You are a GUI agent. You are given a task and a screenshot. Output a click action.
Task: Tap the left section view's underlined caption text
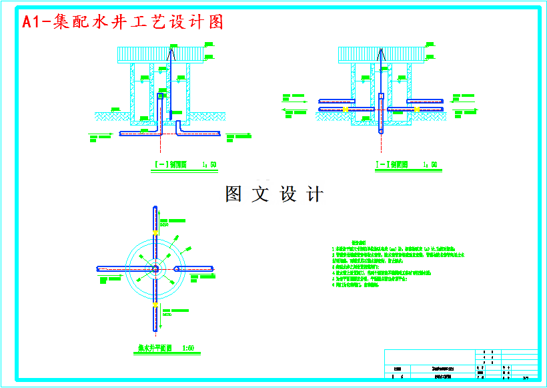coord(171,164)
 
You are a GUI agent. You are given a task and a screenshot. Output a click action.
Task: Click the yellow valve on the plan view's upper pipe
coord(155,232)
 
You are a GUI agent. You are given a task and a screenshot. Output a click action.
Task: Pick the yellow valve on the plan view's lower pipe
coord(155,304)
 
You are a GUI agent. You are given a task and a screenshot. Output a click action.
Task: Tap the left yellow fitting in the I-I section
coord(344,108)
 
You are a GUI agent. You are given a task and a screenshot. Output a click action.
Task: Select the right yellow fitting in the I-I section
coord(417,108)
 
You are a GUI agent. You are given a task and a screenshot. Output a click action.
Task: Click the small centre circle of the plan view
coord(155,268)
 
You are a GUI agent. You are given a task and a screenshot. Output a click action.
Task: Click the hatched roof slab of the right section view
coord(381,55)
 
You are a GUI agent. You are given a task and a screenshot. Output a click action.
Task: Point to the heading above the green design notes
coord(360,243)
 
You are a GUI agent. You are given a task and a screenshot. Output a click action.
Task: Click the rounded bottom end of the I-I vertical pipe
coord(381,132)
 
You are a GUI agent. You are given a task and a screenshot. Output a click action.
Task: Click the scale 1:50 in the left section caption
coord(209,164)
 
